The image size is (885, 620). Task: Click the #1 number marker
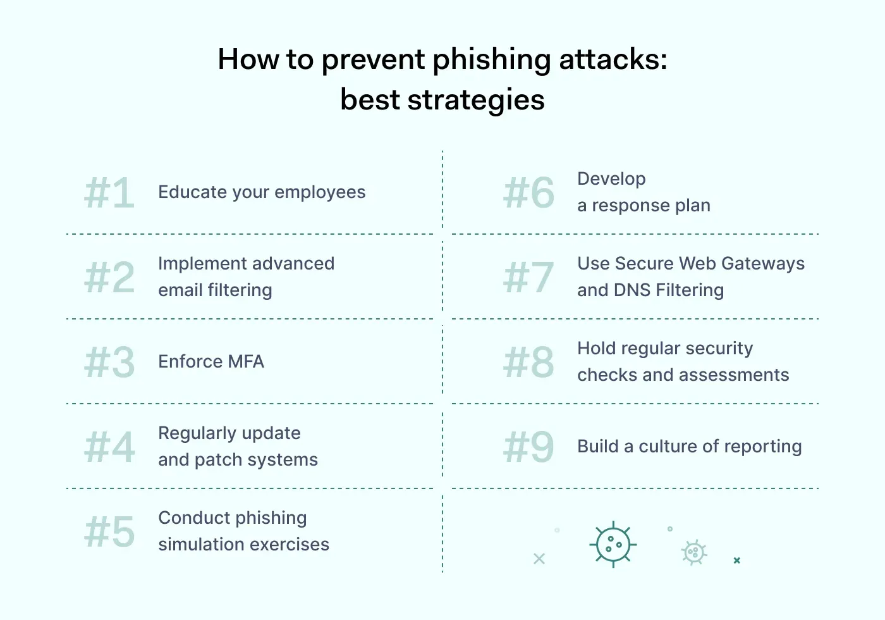point(109,193)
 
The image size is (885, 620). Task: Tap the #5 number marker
point(109,531)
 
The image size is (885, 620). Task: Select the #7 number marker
point(528,278)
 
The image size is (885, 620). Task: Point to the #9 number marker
point(528,447)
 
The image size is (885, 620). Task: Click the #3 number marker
point(109,363)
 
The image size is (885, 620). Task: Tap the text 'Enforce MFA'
point(211,362)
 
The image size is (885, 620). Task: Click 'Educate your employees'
point(262,192)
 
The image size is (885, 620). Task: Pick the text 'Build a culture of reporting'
point(689,447)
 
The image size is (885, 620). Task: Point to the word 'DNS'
point(632,290)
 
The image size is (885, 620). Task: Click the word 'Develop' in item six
point(611,179)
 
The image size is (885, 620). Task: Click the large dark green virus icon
point(613,544)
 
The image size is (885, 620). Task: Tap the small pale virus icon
point(694,553)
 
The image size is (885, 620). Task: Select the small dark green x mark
point(736,561)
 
